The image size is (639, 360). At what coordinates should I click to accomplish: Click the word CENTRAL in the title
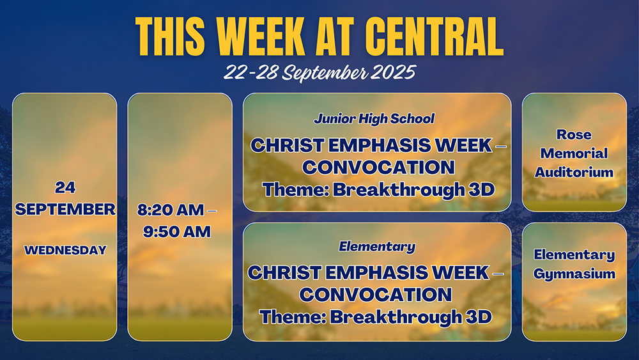click(x=434, y=36)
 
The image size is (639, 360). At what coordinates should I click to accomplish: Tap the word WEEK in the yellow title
click(x=261, y=36)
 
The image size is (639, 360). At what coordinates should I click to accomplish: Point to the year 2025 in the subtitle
click(x=393, y=72)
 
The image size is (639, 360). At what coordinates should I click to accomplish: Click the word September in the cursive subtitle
click(x=325, y=74)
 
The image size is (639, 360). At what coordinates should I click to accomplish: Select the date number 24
click(x=65, y=187)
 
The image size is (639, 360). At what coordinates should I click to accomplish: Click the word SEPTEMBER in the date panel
click(x=65, y=209)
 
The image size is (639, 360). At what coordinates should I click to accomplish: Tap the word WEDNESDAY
click(x=65, y=250)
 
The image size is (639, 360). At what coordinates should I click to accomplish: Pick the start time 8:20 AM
click(x=171, y=210)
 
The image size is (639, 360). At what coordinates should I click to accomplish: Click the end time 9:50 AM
click(x=177, y=231)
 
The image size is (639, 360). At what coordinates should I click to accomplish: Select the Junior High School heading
click(x=374, y=119)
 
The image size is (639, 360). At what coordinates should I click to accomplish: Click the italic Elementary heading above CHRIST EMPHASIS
click(x=377, y=246)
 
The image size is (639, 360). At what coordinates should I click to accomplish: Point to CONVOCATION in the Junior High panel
click(x=378, y=167)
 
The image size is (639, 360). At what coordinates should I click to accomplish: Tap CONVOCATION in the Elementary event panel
click(x=375, y=295)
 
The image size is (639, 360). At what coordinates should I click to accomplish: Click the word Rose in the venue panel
click(x=574, y=134)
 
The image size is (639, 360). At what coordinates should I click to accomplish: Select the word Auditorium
click(x=574, y=172)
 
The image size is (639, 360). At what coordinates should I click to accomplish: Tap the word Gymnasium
click(x=574, y=274)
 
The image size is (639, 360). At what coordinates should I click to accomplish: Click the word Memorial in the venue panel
click(x=574, y=153)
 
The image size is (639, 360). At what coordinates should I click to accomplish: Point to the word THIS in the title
click(x=170, y=36)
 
